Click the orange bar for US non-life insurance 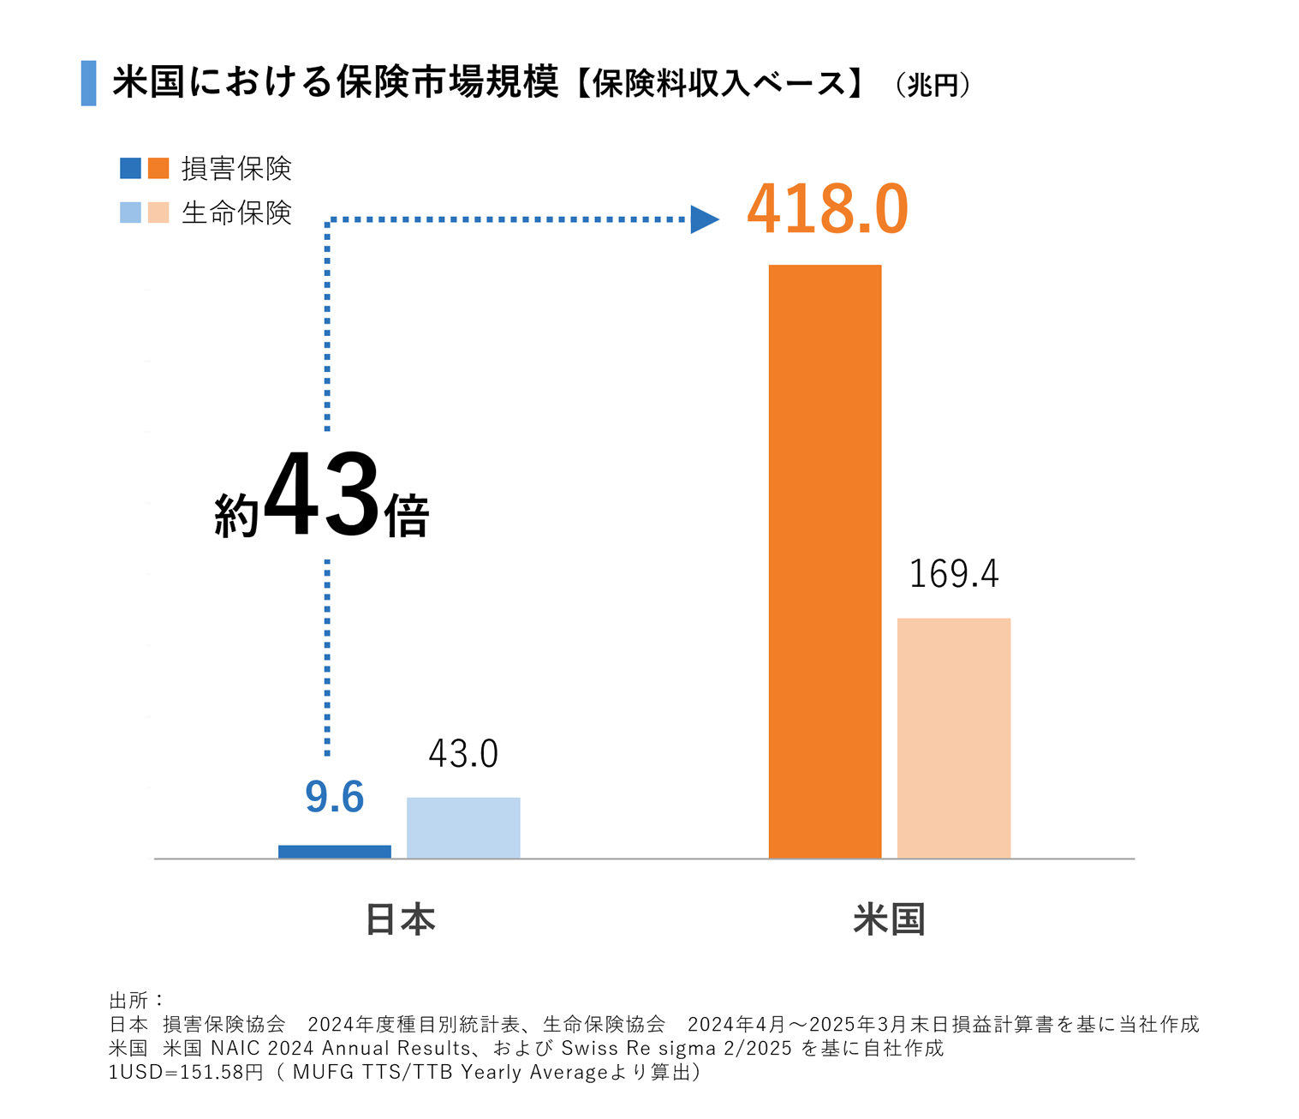coord(825,561)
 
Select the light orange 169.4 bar coord(953,738)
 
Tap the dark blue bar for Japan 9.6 coord(334,852)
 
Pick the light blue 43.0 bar coord(463,828)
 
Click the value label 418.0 coord(827,210)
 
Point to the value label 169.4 coord(953,574)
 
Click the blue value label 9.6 coord(334,797)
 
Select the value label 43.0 coord(463,754)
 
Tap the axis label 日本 coord(400,919)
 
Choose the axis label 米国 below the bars coord(889,919)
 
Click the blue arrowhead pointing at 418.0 coord(704,219)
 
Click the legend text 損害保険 coord(236,169)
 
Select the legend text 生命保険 coord(236,212)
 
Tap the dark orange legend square coord(158,168)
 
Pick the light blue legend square coord(130,212)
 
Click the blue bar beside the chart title coord(88,83)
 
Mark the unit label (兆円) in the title coord(933,85)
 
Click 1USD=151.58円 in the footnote coord(186,1073)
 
